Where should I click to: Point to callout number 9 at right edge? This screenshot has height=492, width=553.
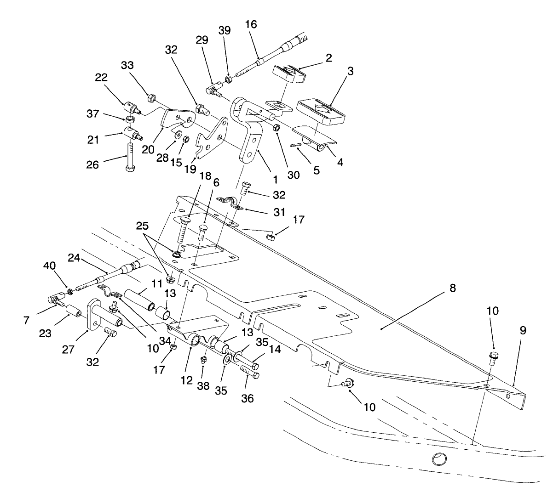(x=523, y=330)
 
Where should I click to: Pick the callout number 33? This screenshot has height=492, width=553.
(x=127, y=66)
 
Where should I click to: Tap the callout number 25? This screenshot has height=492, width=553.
(x=143, y=225)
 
